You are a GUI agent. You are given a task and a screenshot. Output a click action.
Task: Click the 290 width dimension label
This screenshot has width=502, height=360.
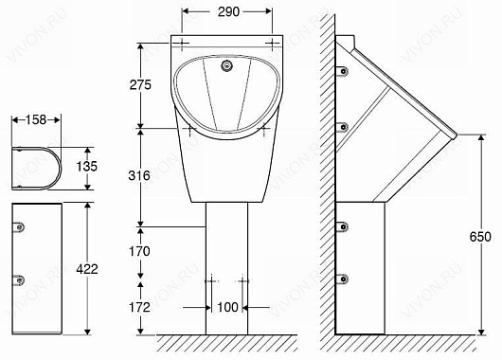(228, 12)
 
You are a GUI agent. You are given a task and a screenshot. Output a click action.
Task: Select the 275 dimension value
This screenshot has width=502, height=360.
(140, 85)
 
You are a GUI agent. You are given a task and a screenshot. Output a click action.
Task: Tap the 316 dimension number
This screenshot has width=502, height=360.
(139, 175)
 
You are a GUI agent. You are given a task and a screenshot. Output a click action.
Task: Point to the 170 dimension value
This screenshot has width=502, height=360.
(139, 251)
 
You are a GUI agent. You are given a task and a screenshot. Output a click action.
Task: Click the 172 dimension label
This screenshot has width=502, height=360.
(139, 308)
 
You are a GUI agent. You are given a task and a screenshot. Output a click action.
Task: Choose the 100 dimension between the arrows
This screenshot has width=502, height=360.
(227, 308)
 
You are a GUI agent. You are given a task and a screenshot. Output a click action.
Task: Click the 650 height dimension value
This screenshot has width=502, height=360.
(480, 237)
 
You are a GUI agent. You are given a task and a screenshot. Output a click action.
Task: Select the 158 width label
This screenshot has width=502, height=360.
(36, 119)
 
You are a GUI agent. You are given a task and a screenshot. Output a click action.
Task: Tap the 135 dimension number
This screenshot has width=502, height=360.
(87, 166)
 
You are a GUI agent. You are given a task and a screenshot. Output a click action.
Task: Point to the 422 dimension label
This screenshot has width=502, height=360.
(87, 269)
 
